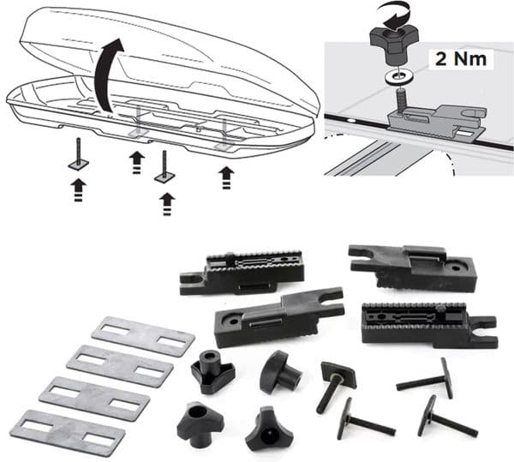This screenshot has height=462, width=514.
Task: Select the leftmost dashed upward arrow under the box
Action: [78, 188]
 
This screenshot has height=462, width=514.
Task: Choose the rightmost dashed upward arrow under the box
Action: [225, 177]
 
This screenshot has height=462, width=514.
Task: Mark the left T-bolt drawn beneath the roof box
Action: [77, 153]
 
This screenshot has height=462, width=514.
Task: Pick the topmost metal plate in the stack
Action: [143, 336]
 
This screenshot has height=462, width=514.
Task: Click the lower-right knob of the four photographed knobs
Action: [269, 429]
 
